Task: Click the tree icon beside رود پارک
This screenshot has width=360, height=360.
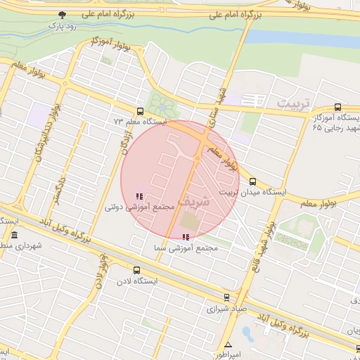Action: [63, 15]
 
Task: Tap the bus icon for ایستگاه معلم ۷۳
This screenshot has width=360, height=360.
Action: [140, 111]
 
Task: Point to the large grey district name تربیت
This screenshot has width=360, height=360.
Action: [293, 103]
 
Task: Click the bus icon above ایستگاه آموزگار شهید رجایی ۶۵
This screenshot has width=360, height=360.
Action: [338, 108]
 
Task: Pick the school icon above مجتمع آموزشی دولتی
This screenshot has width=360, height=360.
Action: [138, 196]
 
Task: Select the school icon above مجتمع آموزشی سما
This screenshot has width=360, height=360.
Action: [186, 238]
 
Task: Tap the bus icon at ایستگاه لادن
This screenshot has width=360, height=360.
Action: [136, 270]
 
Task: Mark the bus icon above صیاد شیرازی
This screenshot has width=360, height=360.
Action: [226, 297]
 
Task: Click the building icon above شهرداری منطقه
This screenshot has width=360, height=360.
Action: [14, 236]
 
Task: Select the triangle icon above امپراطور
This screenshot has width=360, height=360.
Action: [228, 345]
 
